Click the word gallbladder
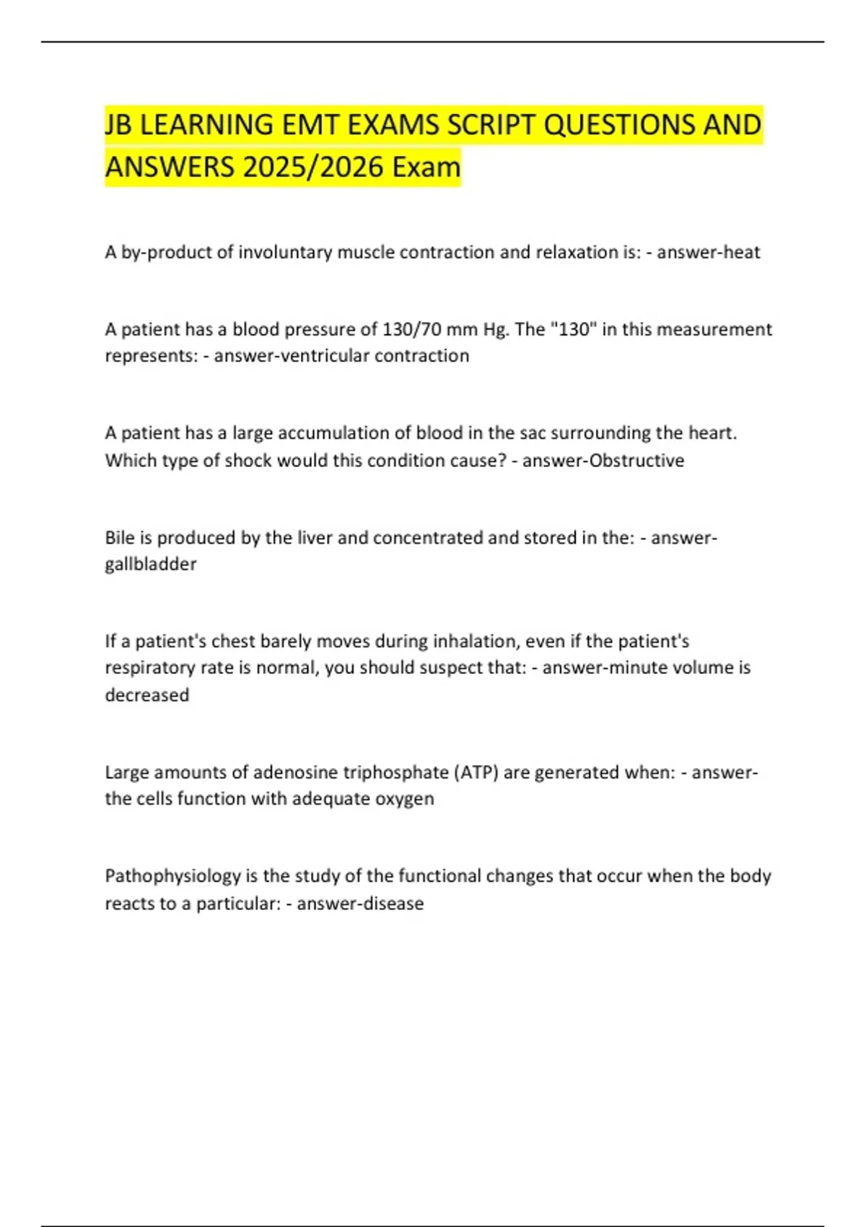150,564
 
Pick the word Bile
119,538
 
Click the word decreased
147,694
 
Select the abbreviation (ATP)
476,772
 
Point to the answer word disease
396,904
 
